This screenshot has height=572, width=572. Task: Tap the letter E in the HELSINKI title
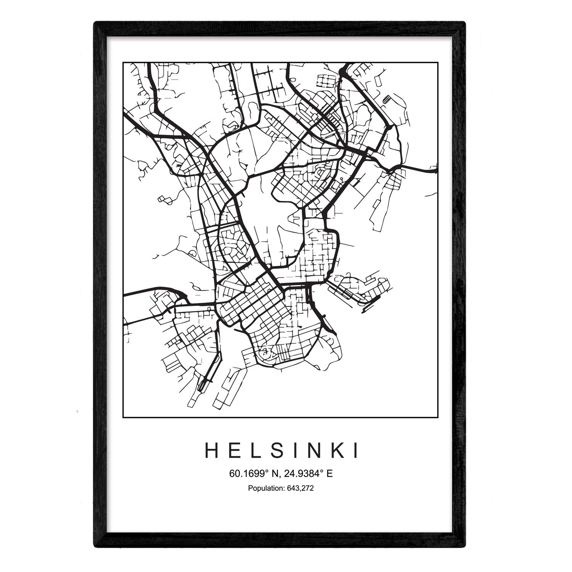pyautogui.click(x=235, y=451)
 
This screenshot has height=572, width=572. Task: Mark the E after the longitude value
pyautogui.click(x=330, y=474)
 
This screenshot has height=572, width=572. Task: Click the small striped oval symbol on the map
pyautogui.click(x=387, y=100)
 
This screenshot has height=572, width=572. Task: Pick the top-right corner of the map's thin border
pyautogui.click(x=438, y=62)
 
